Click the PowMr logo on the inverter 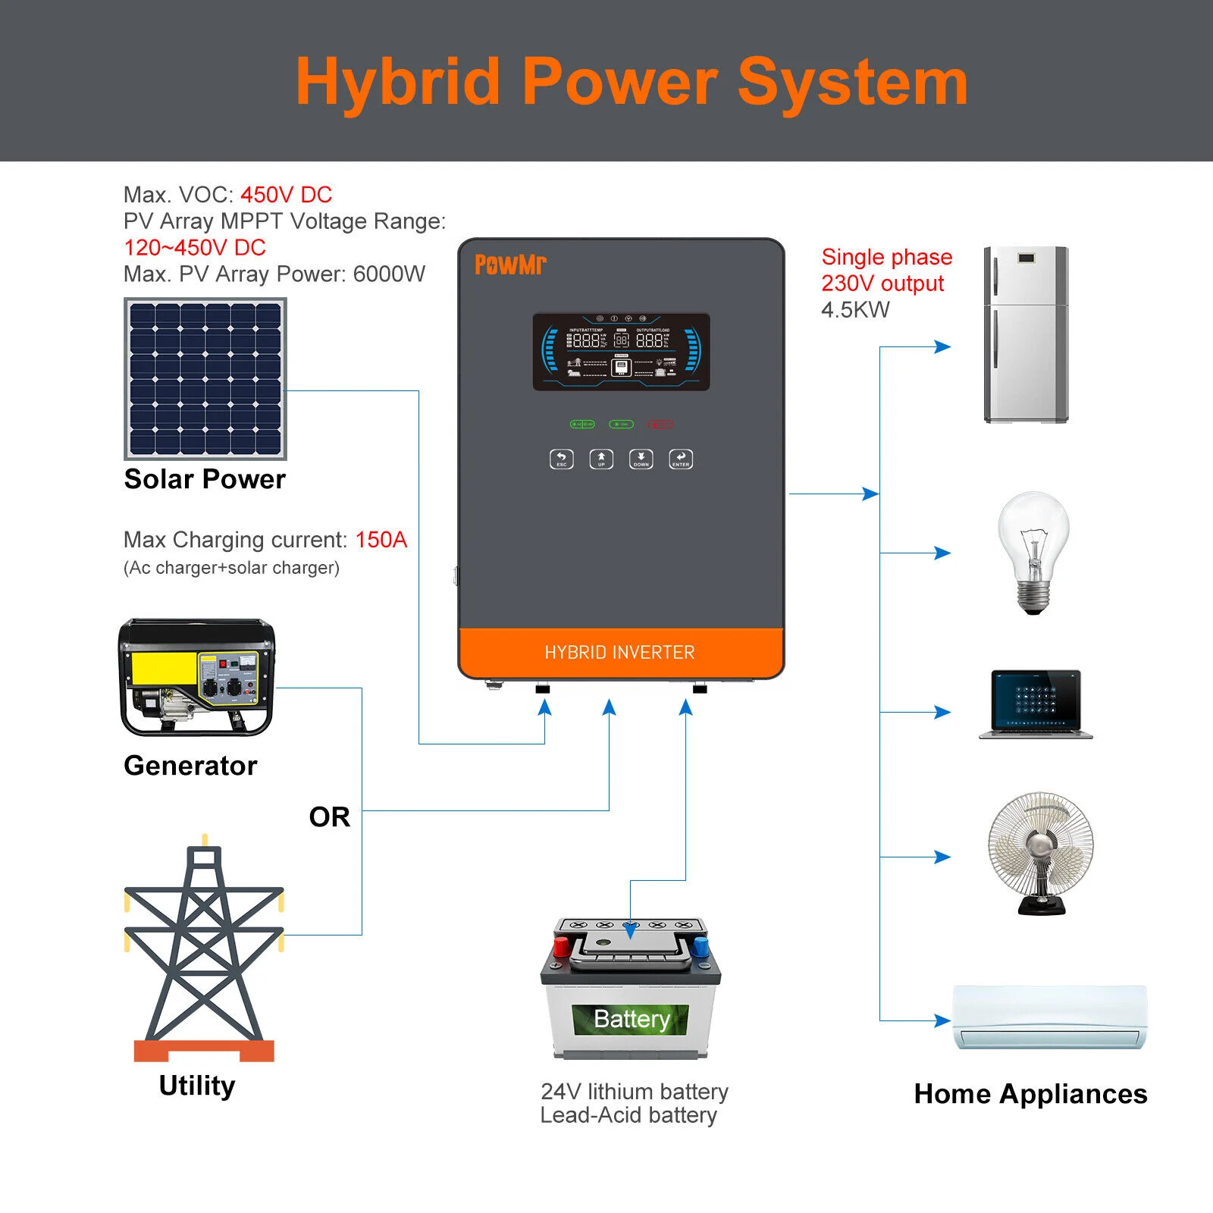tap(510, 265)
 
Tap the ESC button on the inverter tap(561, 459)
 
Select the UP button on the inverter tap(601, 459)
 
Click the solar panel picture tap(205, 379)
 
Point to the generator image tap(197, 677)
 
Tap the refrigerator tap(1026, 334)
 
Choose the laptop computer tap(1036, 704)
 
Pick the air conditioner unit tap(1049, 1017)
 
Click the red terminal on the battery tap(561, 946)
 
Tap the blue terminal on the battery tap(701, 946)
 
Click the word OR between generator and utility tap(330, 817)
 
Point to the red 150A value tap(381, 540)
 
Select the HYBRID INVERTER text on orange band tap(619, 653)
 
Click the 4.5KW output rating tap(855, 310)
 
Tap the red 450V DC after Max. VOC tap(286, 195)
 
